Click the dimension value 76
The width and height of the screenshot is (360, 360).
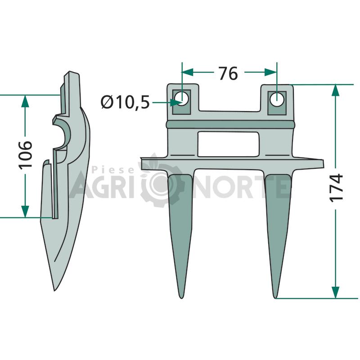coord(228,73)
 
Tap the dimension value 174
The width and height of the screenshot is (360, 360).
coord(336,188)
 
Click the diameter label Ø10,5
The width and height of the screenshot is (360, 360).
coord(125,102)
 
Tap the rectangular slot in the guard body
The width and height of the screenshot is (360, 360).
coord(229,144)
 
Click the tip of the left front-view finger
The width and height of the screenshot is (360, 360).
coord(181,298)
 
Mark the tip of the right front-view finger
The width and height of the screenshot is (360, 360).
coord(275,298)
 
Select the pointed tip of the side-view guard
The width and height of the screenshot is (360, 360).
coord(54,291)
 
